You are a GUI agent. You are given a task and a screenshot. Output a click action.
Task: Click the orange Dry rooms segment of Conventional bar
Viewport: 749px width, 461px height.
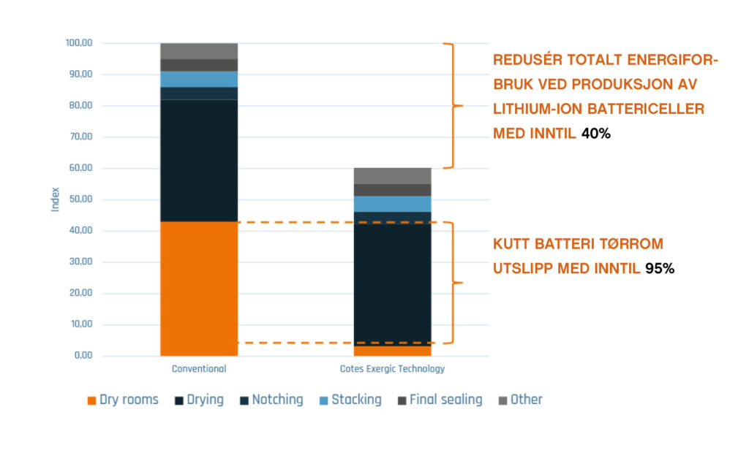click(x=199, y=289)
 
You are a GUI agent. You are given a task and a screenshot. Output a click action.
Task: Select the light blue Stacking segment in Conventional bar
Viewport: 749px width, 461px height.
click(x=199, y=79)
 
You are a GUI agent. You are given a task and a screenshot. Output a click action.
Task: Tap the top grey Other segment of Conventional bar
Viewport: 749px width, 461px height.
click(x=199, y=51)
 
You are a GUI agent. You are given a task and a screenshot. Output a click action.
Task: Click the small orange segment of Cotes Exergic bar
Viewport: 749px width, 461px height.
click(x=392, y=351)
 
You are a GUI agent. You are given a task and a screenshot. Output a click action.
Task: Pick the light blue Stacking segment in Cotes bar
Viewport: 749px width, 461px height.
click(x=392, y=204)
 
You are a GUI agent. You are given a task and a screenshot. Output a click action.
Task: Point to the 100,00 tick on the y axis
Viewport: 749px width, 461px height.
click(x=79, y=43)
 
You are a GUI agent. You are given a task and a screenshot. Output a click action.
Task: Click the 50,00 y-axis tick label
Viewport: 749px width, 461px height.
click(x=80, y=199)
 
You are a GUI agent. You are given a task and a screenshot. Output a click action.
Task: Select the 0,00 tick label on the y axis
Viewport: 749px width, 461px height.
click(x=83, y=355)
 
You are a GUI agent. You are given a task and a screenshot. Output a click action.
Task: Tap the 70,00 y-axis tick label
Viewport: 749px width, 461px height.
click(x=80, y=137)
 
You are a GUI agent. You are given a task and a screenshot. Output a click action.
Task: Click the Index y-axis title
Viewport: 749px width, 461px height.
click(x=56, y=199)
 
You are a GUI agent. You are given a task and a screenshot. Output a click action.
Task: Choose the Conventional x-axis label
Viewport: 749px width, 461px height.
click(x=199, y=369)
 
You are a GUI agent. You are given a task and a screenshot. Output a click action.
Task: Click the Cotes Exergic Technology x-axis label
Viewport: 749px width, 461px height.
click(x=392, y=369)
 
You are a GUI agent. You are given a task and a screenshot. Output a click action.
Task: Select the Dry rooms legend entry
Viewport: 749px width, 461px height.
click(x=123, y=400)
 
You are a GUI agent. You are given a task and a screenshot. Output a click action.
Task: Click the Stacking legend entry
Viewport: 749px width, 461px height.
click(x=350, y=400)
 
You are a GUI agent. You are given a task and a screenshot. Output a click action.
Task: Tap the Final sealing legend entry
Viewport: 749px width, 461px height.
click(x=440, y=400)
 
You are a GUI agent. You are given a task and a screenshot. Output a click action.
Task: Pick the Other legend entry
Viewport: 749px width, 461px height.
click(x=520, y=400)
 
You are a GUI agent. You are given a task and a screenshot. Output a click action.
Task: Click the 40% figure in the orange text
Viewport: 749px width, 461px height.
click(x=595, y=134)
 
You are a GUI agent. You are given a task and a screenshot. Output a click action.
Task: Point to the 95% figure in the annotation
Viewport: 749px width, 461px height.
click(x=660, y=269)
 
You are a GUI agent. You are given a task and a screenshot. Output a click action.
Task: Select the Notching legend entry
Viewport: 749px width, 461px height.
click(x=271, y=400)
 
